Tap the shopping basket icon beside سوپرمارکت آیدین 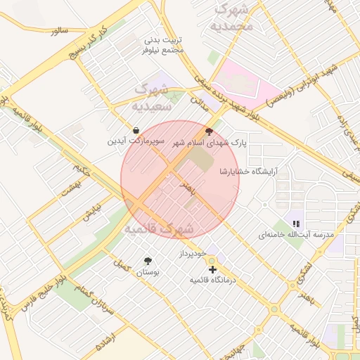(x=136, y=130)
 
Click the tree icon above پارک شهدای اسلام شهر (x=208, y=131)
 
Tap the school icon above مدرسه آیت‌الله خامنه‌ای (x=296, y=223)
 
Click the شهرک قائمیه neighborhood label (x=159, y=229)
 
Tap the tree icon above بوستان (x=148, y=260)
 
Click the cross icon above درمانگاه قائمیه (x=212, y=269)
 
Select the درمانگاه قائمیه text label (x=211, y=280)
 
